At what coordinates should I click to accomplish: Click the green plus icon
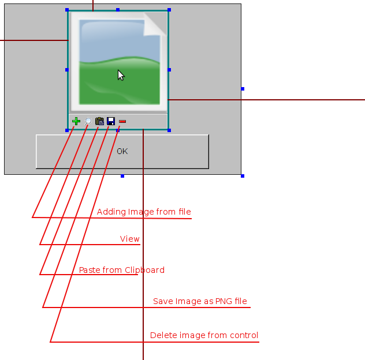tap(76, 121)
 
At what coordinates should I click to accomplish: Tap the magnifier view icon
tap(88, 121)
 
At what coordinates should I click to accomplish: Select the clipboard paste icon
tap(99, 121)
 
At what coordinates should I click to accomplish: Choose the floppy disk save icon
tap(111, 121)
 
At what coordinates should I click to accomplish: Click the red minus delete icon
tap(122, 121)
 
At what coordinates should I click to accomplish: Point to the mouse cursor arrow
tap(121, 75)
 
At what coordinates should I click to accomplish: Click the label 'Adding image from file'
tap(144, 212)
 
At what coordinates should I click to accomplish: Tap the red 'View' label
tap(130, 239)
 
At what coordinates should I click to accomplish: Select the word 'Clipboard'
tap(144, 270)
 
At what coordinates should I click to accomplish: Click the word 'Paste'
tap(90, 270)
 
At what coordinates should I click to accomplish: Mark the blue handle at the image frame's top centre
tap(118, 10)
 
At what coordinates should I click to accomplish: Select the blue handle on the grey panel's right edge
tap(243, 89)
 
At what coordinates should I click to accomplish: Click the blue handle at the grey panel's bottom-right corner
tap(243, 176)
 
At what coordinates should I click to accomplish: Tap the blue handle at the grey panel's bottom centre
tap(122, 176)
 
